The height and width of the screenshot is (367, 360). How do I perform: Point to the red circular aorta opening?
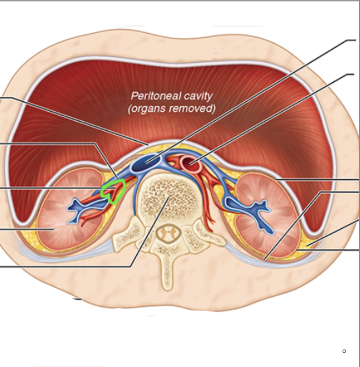tap(191, 163)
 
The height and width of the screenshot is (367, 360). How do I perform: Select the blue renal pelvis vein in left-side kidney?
tap(78, 210)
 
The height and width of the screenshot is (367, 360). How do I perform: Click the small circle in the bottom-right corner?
tap(344, 351)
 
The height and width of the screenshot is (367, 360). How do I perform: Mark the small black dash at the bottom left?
tap(77, 299)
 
